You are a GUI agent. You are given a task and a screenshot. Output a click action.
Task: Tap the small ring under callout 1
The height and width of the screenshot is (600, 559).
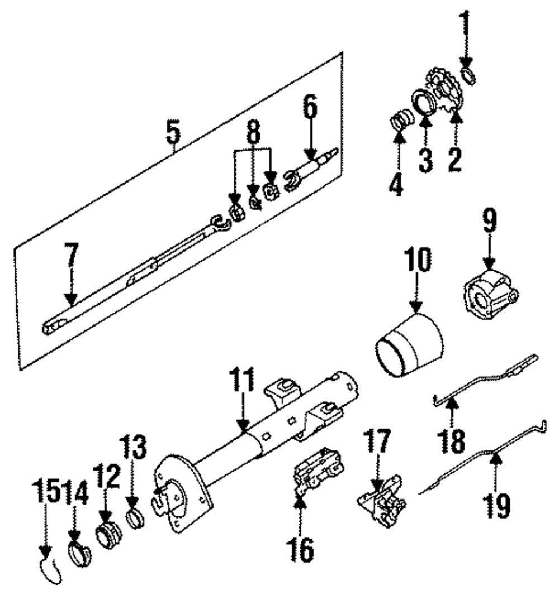[x=469, y=75]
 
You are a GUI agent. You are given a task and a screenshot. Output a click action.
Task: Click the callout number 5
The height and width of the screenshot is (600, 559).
[x=173, y=132]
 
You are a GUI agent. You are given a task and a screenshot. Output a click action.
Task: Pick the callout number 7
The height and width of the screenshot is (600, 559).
[x=71, y=255]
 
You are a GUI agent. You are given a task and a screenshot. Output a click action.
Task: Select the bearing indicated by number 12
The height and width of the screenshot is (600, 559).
[x=109, y=533]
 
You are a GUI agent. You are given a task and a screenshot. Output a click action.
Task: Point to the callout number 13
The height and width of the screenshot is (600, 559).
[x=132, y=447]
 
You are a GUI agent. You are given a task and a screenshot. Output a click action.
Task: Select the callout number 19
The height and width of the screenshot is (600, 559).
[x=497, y=506]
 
